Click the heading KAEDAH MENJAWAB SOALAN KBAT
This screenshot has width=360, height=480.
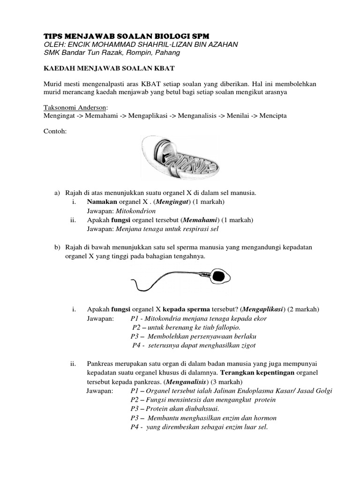point(109,68)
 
